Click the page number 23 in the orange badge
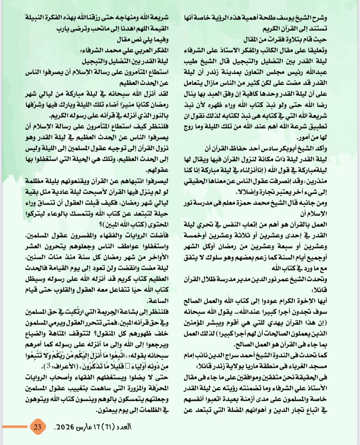pyautogui.click(x=37, y=427)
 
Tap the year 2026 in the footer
pyautogui.click(x=66, y=427)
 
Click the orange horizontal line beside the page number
pyautogui.click(x=15, y=427)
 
